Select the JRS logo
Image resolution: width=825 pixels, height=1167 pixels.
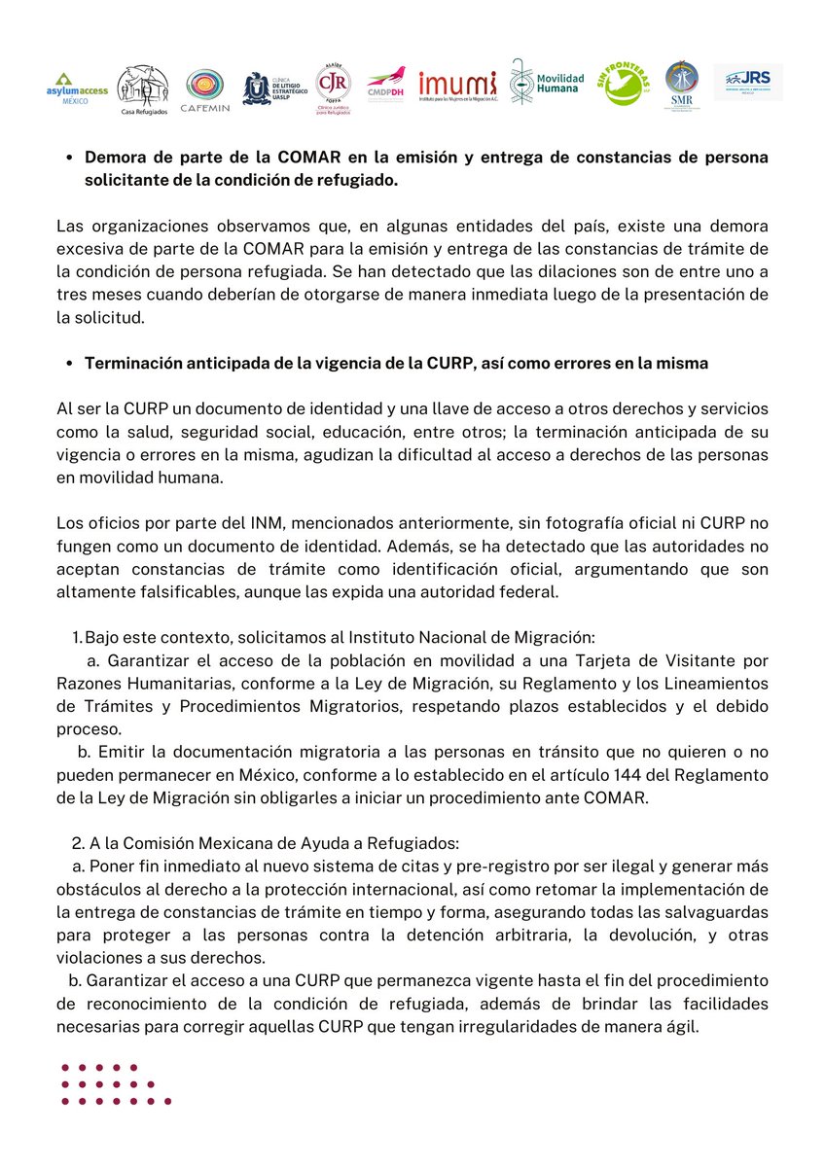point(748,82)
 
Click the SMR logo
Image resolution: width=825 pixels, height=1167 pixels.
point(681,88)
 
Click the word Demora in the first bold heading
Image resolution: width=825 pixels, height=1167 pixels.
point(115,158)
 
